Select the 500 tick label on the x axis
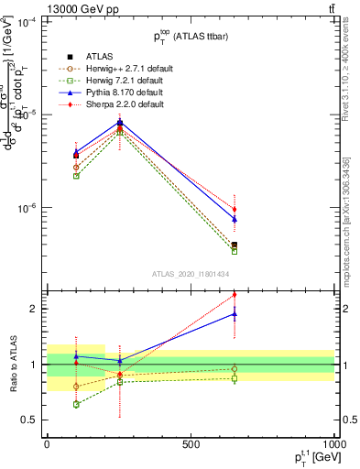(191, 444)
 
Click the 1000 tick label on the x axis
(333, 444)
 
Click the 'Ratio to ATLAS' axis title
(12, 365)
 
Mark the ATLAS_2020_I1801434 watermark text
(190, 274)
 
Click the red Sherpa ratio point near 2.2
(235, 295)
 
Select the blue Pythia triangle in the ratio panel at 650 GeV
(235, 313)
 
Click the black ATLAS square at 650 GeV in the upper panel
(235, 245)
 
